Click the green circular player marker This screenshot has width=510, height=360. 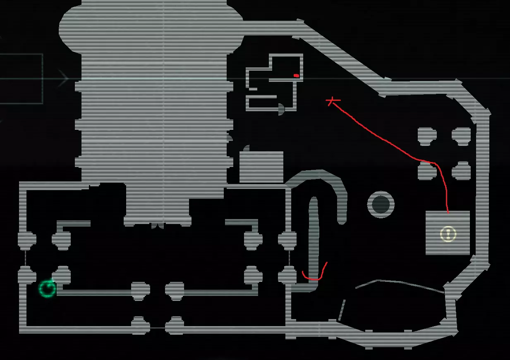pyautogui.click(x=47, y=288)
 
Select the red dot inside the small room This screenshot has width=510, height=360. pyautogui.click(x=296, y=76)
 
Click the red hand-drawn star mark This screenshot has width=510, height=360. pyautogui.click(x=332, y=100)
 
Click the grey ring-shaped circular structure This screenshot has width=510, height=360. pyautogui.click(x=381, y=204)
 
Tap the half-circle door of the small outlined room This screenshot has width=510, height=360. pyautogui.click(x=281, y=109)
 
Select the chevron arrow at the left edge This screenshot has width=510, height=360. pyautogui.click(x=63, y=79)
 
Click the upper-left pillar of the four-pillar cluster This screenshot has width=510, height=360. pyautogui.click(x=427, y=135)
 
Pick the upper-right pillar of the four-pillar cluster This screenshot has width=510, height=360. pyautogui.click(x=461, y=135)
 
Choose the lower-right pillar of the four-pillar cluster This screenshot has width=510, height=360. pyautogui.click(x=461, y=171)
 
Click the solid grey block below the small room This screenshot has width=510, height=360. pyautogui.click(x=261, y=167)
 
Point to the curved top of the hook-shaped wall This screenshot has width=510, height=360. pyautogui.click(x=318, y=176)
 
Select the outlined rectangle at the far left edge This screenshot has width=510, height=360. pyautogui.click(x=21, y=79)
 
